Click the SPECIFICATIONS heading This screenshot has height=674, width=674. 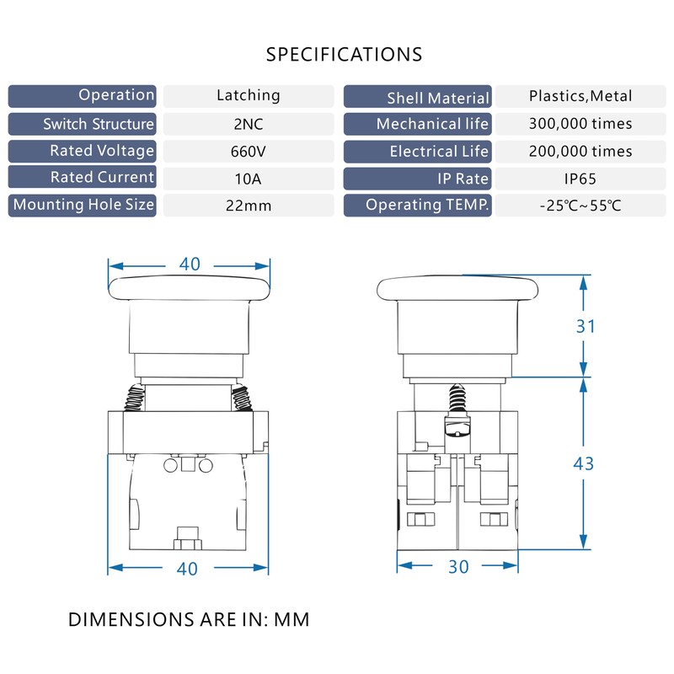click(344, 55)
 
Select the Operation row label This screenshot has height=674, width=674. click(116, 95)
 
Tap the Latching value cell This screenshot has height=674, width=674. click(248, 95)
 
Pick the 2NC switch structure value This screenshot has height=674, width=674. click(248, 124)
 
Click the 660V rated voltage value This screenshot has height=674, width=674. click(248, 152)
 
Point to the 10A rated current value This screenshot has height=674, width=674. click(248, 179)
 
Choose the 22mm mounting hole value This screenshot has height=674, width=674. click(248, 206)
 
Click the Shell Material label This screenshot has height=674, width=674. click(438, 99)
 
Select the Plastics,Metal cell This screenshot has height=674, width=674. click(580, 96)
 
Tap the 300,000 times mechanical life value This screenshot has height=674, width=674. click(580, 124)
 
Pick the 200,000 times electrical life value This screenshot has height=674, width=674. click(580, 152)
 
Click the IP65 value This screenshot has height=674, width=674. click(580, 179)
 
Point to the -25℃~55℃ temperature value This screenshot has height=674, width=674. click(580, 206)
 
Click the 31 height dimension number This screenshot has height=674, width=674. click(586, 326)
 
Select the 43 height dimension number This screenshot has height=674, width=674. click(583, 464)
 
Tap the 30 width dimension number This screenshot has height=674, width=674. click(458, 567)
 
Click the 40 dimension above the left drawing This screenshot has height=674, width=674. click(190, 264)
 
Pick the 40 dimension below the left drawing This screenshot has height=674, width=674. click(187, 569)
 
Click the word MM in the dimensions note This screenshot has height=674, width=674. click(292, 620)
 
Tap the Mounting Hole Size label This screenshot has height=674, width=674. click(83, 205)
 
